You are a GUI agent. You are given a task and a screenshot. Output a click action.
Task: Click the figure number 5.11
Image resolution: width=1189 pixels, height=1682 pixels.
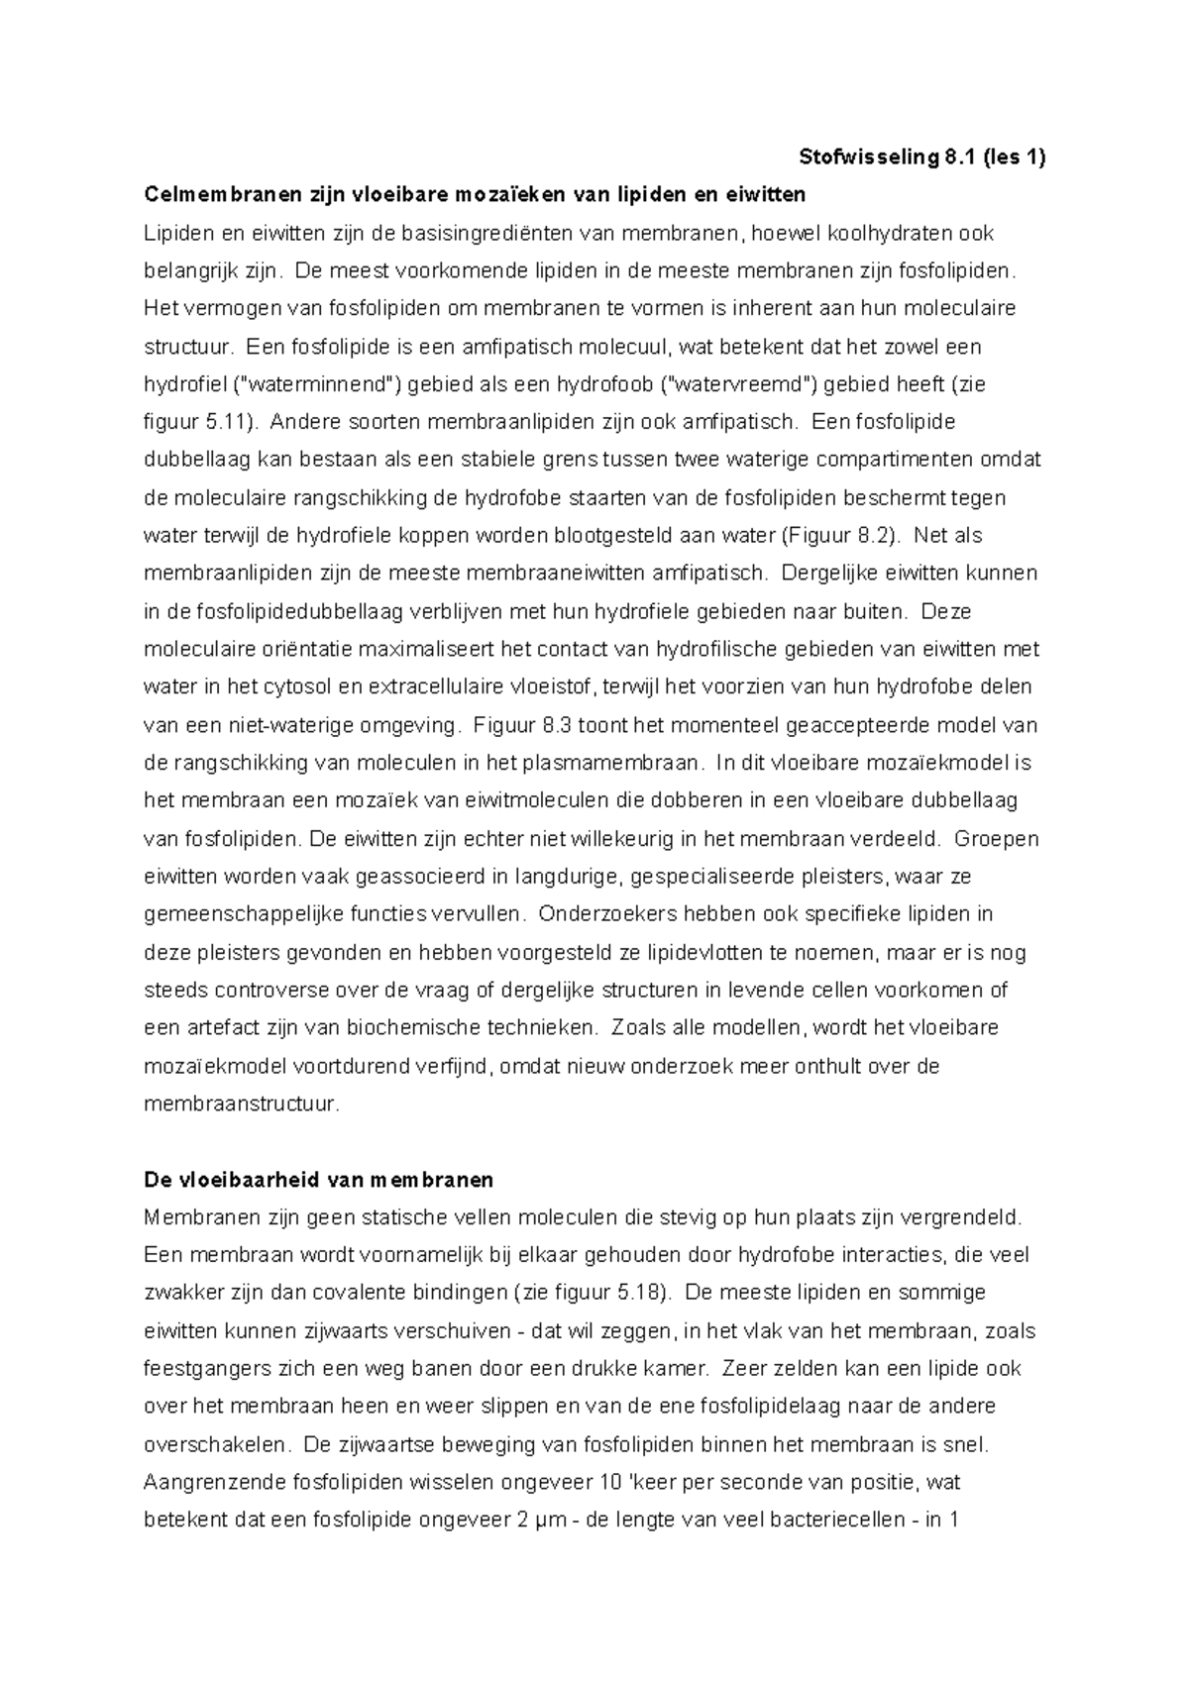tap(230, 423)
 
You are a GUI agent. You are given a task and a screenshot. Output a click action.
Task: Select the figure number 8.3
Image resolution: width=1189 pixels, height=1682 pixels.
tap(554, 725)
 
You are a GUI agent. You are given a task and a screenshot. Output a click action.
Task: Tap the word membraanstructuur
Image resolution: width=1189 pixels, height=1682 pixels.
tap(241, 1104)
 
